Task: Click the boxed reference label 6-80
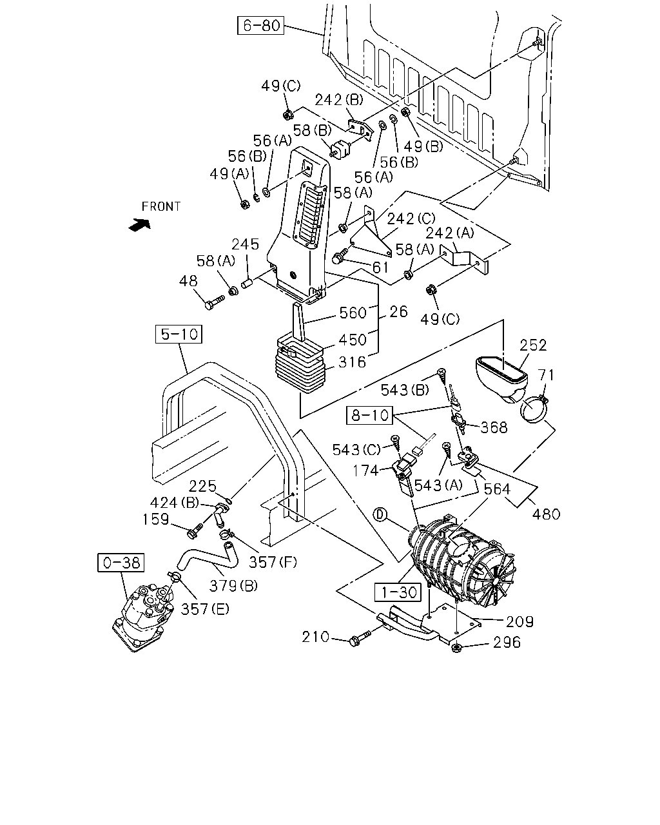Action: (x=260, y=26)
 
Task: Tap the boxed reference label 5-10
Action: (x=179, y=334)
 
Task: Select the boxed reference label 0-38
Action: (x=121, y=563)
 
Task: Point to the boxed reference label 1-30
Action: (x=398, y=592)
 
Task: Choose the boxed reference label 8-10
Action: (x=370, y=415)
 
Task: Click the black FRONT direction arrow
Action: (x=140, y=225)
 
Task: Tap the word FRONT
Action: (x=161, y=207)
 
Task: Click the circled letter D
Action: (x=380, y=515)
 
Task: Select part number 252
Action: (x=533, y=345)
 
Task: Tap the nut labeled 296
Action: (x=456, y=648)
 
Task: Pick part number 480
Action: (x=546, y=514)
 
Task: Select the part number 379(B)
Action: (x=233, y=585)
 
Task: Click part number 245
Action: (x=245, y=244)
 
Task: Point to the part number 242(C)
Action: (x=411, y=219)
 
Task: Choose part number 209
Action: (x=519, y=621)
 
